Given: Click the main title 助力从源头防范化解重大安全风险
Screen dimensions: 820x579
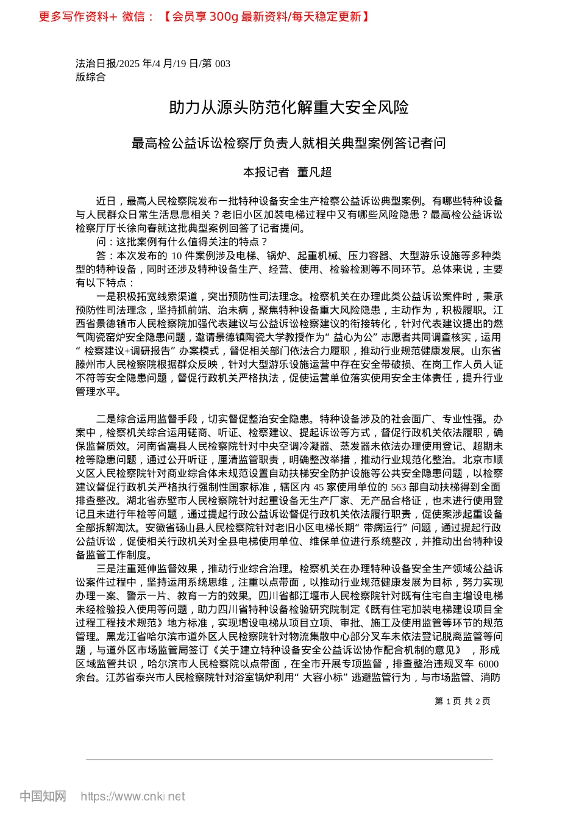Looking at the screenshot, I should point(289,108).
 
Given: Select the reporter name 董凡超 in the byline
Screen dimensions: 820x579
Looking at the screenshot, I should point(314,172).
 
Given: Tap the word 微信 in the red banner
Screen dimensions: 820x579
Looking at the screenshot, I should point(133,16).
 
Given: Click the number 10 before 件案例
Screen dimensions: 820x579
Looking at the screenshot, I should point(177,255).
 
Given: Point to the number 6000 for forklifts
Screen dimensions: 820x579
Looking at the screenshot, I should point(488,664).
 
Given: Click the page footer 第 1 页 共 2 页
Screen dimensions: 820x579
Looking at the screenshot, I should point(462,701).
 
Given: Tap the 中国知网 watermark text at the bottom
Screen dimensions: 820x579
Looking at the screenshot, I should point(43,796).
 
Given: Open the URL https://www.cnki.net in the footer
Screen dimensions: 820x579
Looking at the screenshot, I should point(133,796).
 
